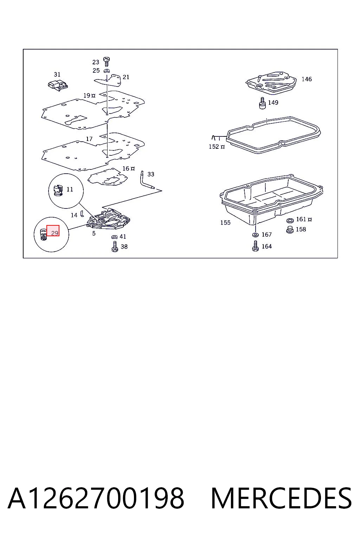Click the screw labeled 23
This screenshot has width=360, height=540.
click(x=106, y=62)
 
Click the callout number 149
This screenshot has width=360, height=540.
click(x=273, y=102)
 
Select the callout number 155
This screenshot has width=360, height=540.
click(x=225, y=223)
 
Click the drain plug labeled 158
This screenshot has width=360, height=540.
click(x=290, y=230)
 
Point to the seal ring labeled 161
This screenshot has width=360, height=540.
click(x=290, y=220)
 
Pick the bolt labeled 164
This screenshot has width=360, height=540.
click(x=255, y=246)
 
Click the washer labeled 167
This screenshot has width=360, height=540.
click(x=255, y=234)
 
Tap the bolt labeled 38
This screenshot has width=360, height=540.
click(x=115, y=246)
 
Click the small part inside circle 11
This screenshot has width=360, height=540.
click(x=58, y=190)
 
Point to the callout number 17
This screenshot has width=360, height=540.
click(x=89, y=139)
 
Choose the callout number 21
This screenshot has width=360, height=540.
click(x=126, y=77)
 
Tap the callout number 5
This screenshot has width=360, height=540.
click(x=94, y=233)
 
